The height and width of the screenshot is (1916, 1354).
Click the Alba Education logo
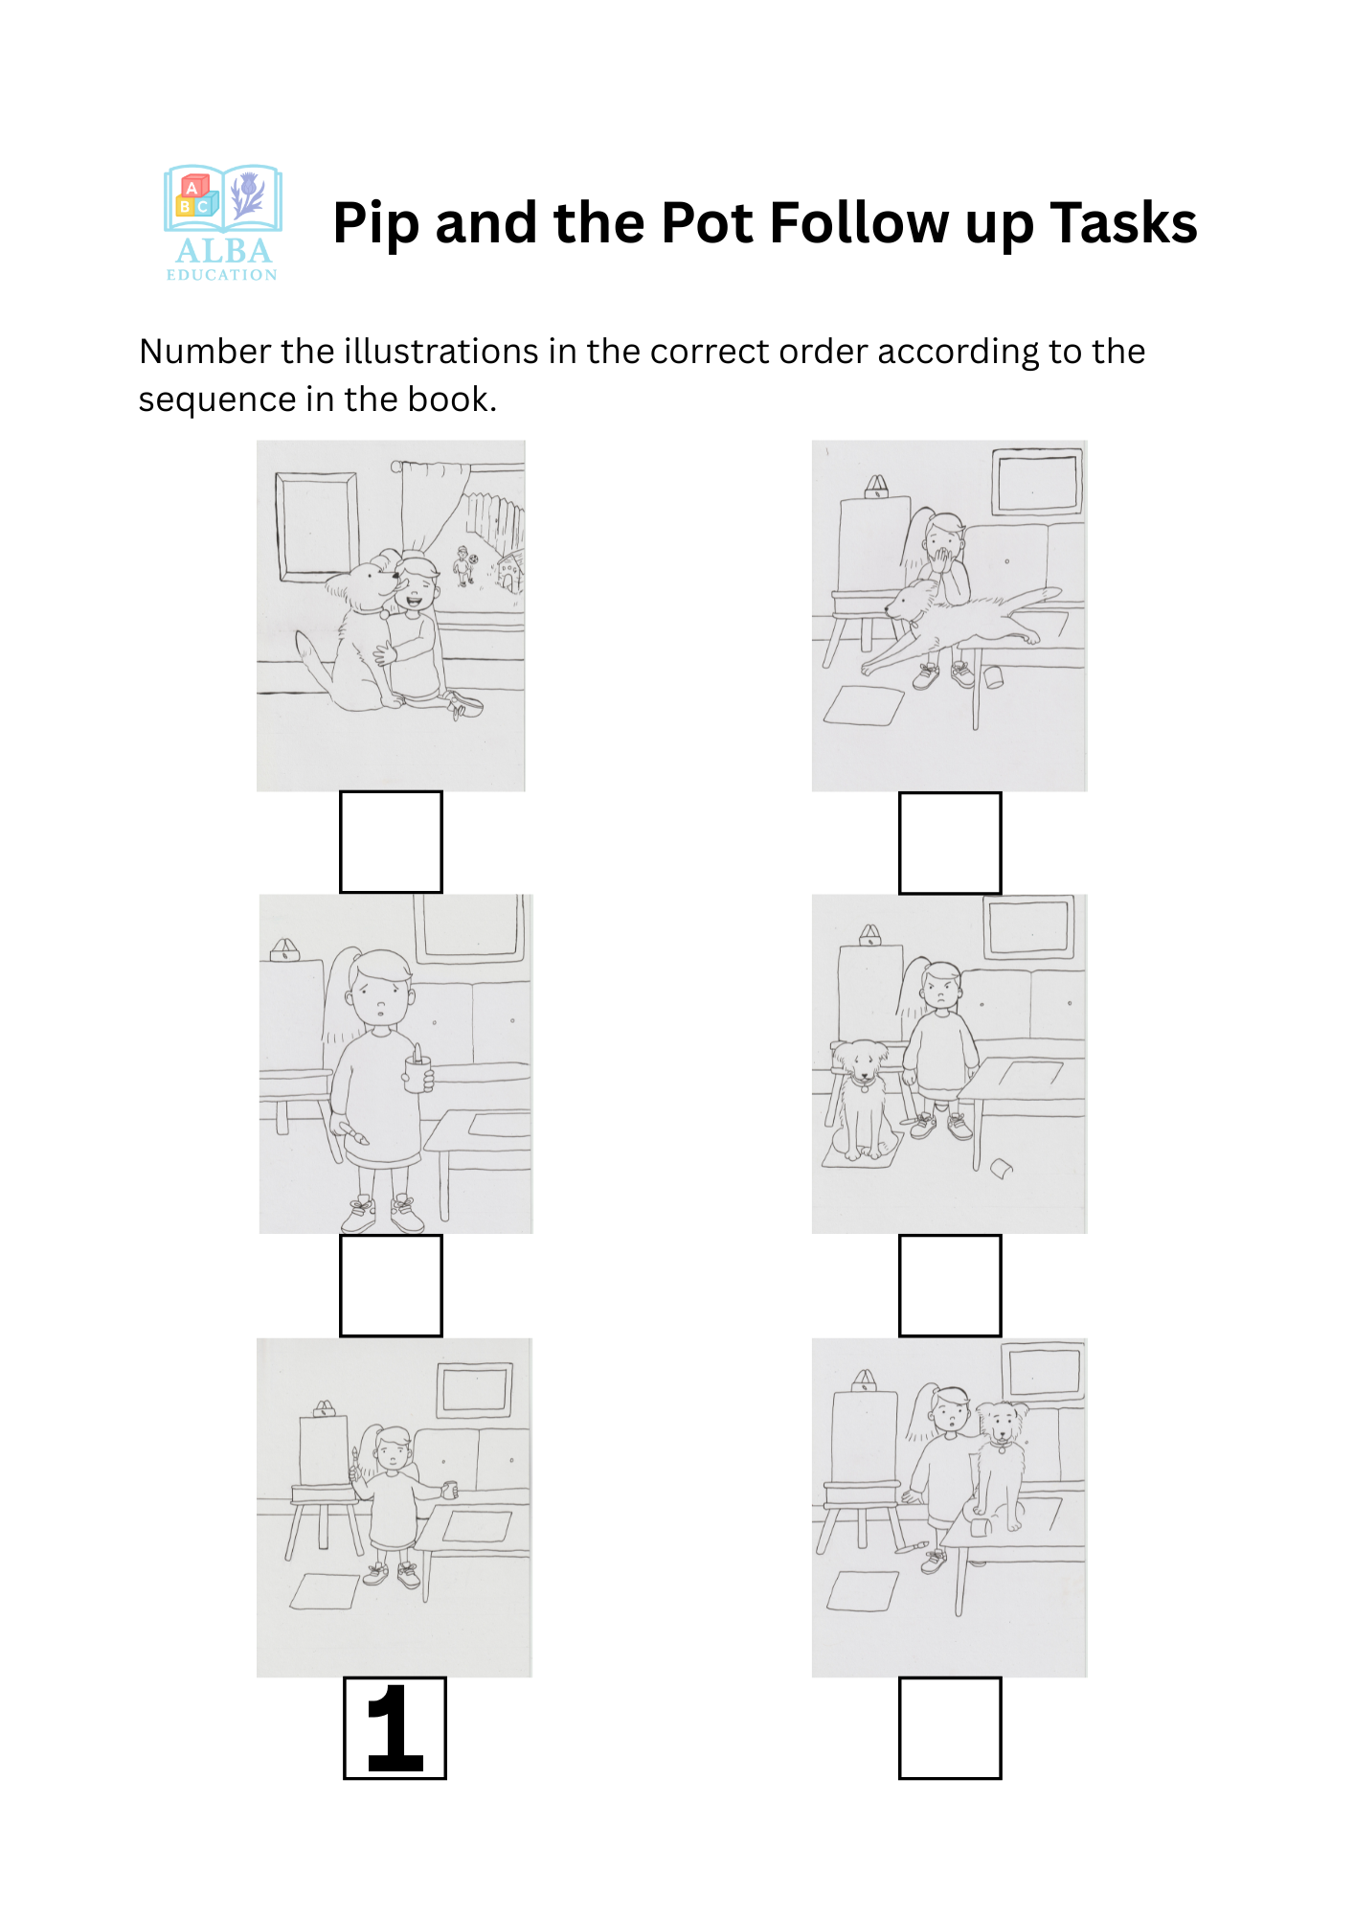(223, 223)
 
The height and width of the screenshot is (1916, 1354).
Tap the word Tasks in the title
(1123, 223)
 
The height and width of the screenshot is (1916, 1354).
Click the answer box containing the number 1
(395, 1727)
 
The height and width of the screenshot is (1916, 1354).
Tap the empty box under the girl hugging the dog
(391, 842)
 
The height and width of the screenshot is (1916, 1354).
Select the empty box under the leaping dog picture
(950, 843)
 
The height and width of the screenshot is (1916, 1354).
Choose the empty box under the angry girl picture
(950, 1286)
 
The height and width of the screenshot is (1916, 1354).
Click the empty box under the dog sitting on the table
(950, 1728)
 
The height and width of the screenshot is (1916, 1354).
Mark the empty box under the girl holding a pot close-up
(391, 1286)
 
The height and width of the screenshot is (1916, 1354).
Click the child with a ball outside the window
(464, 565)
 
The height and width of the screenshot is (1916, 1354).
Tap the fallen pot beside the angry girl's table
(1001, 1168)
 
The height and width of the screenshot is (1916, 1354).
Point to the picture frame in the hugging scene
(317, 527)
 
